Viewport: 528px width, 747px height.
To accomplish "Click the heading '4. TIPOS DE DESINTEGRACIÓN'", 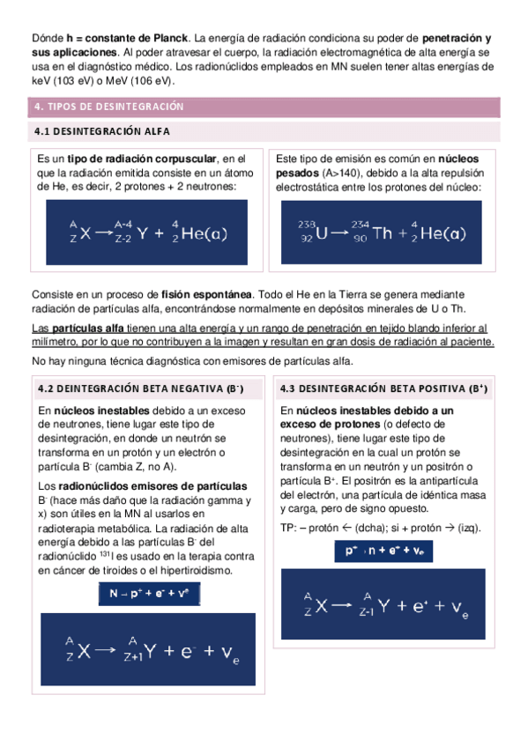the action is click(108, 107).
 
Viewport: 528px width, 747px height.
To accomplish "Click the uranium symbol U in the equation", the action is click(322, 233).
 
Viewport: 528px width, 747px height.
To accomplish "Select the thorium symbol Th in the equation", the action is click(383, 233).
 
